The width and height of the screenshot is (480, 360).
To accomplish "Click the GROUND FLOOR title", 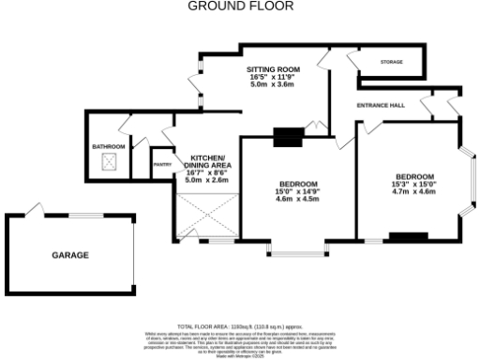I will (x=240, y=6).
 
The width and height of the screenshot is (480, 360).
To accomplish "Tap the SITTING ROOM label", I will (x=273, y=69).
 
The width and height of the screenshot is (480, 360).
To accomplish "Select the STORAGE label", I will (x=391, y=62).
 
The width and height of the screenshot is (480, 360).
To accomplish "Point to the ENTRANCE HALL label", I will (x=381, y=105).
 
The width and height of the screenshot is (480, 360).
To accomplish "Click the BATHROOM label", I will (x=108, y=147).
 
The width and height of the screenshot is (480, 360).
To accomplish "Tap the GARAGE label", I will (x=69, y=254).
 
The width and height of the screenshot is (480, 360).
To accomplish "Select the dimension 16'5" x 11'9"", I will (x=273, y=77).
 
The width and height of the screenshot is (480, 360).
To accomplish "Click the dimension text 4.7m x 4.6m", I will (x=413, y=191).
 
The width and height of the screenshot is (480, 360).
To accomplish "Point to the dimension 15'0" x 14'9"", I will (x=298, y=191).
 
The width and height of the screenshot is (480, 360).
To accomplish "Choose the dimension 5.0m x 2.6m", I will (x=207, y=180).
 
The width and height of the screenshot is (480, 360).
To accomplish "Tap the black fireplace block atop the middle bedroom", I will (x=285, y=137).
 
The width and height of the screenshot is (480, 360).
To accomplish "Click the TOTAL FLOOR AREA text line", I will (x=240, y=326).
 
